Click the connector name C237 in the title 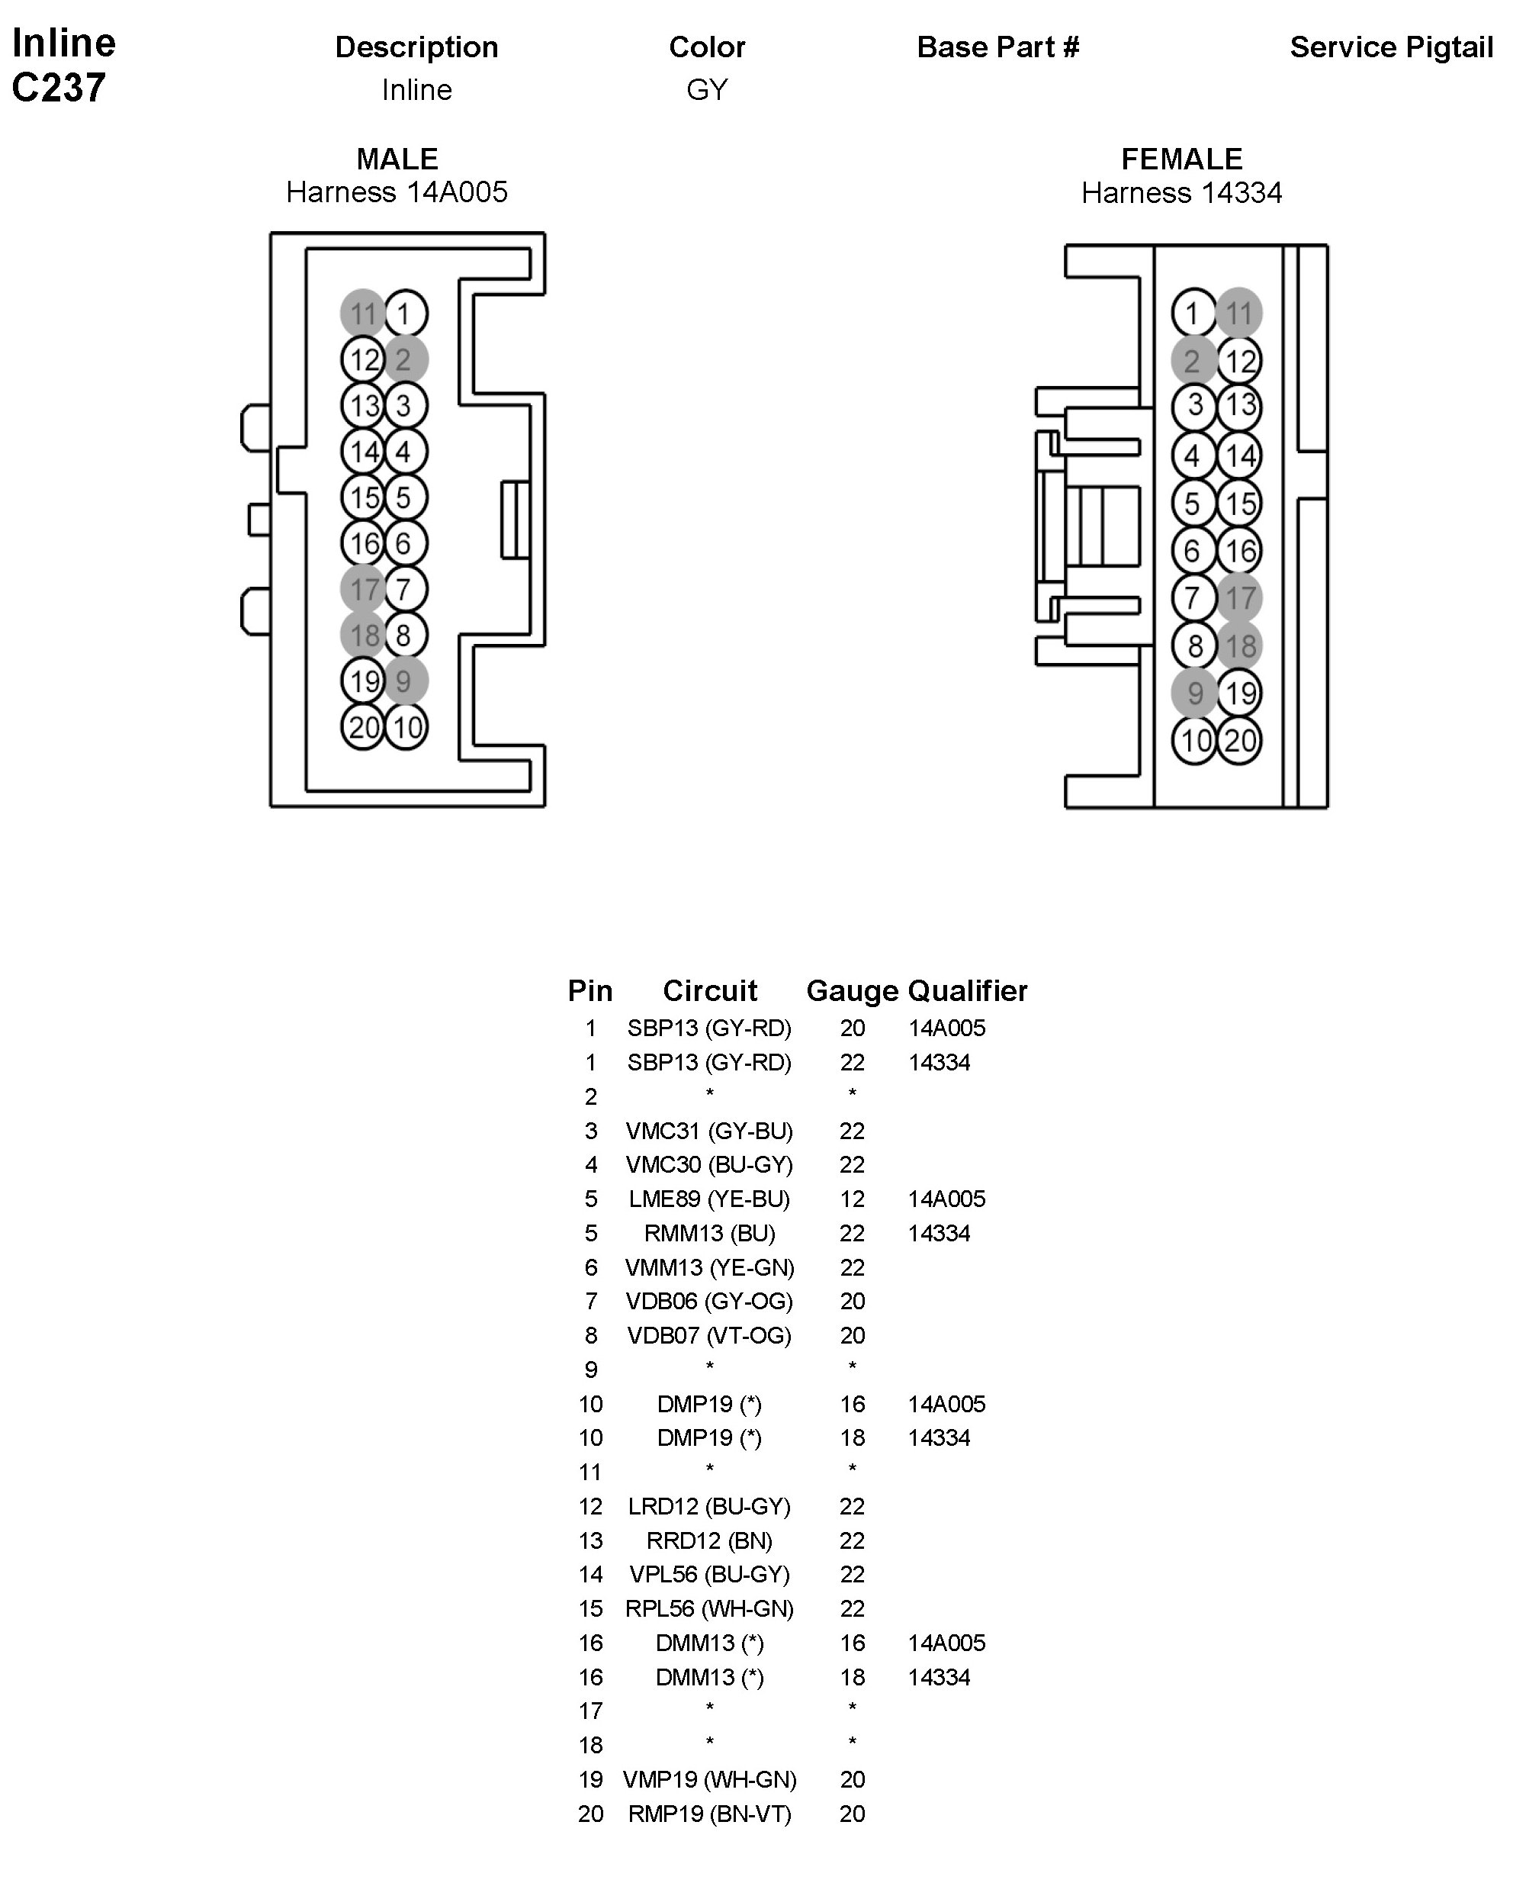point(59,87)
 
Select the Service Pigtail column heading point(1391,47)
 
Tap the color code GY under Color point(706,89)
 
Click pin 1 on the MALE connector point(405,314)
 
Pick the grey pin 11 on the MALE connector point(362,314)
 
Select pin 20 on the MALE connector point(363,726)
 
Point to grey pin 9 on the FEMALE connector point(1193,694)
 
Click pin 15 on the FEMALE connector point(1240,503)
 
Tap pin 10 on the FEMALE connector point(1193,741)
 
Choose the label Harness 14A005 point(397,192)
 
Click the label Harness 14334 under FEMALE point(1181,192)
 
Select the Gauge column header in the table point(851,990)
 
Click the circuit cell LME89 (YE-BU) point(709,1199)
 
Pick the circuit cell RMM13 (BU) point(709,1232)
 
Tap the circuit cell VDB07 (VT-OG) point(709,1334)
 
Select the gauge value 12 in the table point(852,1199)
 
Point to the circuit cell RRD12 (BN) point(709,1540)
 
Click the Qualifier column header point(967,990)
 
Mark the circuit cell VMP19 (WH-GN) point(709,1779)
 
